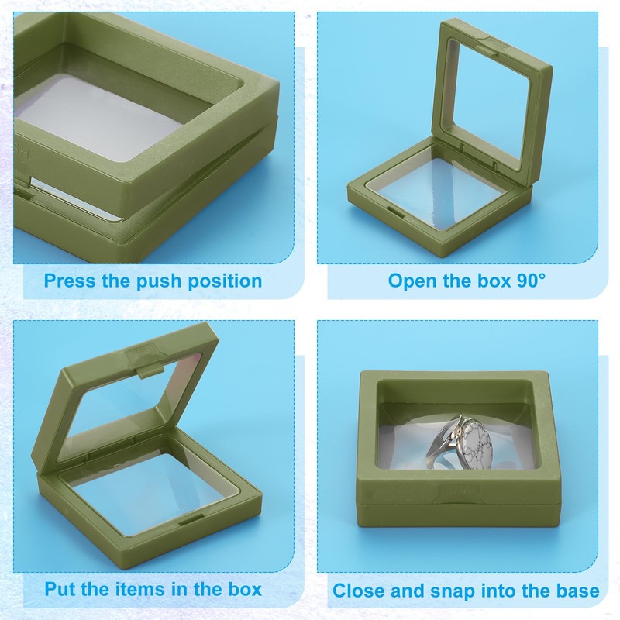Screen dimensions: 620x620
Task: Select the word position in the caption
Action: click(227, 281)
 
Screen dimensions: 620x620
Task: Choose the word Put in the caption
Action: click(61, 589)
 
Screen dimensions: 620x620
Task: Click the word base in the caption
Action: click(577, 591)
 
